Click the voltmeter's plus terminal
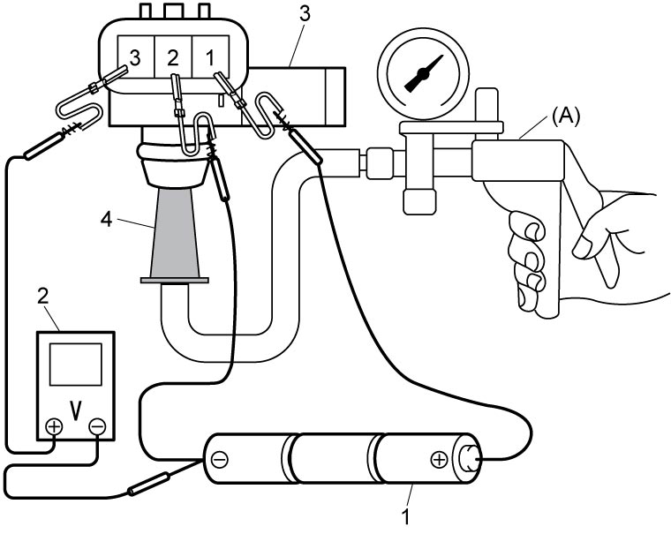[x=55, y=426]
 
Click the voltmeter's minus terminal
[x=97, y=426]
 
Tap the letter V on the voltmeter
[x=76, y=410]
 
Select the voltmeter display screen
[x=76, y=365]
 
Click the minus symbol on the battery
[x=220, y=460]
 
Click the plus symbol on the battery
[x=439, y=460]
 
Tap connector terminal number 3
[x=134, y=58]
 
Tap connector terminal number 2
[x=172, y=58]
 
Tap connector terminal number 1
[x=210, y=58]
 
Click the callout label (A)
[x=565, y=117]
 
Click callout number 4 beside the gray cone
[x=106, y=220]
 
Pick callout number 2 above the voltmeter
[x=42, y=297]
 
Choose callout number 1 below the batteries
[x=405, y=516]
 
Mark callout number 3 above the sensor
[x=305, y=14]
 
